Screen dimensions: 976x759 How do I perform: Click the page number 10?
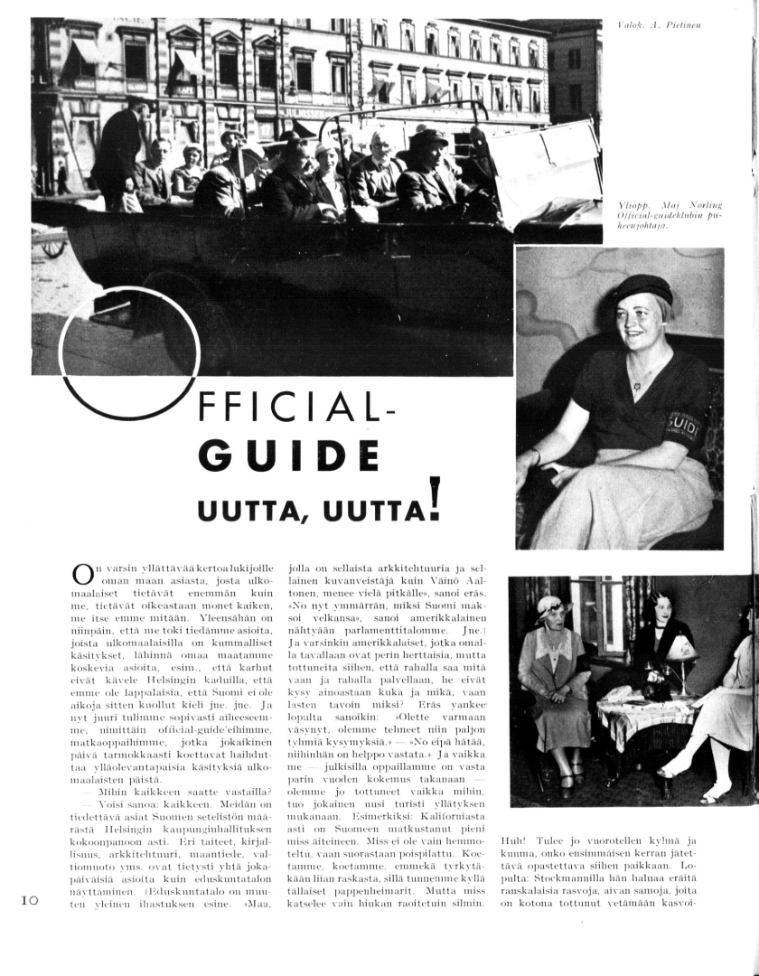[28, 900]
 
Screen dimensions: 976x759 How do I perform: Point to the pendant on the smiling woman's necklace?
[638, 396]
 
